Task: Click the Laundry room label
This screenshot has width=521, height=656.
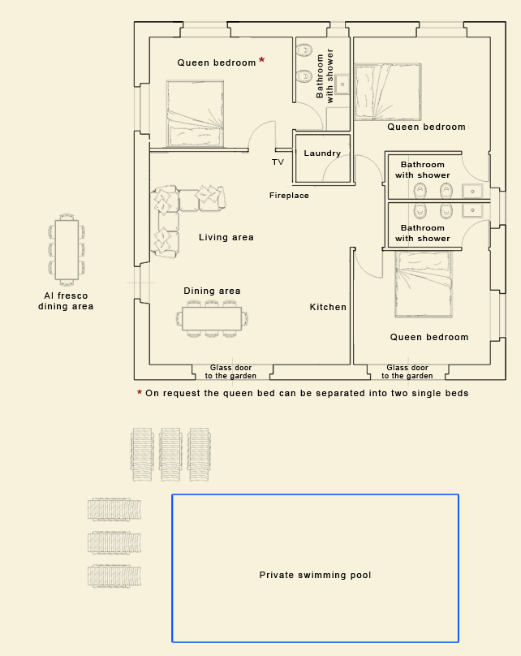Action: point(322,153)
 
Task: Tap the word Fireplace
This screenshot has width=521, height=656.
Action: point(289,196)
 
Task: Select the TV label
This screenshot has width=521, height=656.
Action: point(278,162)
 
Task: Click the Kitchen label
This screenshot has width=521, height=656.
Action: point(328,307)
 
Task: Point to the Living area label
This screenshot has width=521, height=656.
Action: point(226,237)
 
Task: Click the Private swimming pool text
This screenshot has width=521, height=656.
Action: point(315,575)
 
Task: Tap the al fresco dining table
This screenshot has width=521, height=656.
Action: point(67,250)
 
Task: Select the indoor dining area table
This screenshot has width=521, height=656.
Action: point(212,319)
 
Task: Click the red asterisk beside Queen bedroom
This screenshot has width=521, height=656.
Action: point(262,60)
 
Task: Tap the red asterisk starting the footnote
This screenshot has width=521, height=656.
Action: point(140,392)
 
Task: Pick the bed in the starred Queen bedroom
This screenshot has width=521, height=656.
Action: point(195,114)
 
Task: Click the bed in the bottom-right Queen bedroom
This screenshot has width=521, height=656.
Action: point(424,284)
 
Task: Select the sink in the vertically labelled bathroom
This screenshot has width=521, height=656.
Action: point(342,84)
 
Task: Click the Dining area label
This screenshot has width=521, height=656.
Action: point(212,291)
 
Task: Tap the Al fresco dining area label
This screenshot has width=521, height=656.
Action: point(66,301)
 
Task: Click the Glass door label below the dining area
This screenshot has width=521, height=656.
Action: point(230,372)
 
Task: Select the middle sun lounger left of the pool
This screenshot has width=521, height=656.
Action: point(114,542)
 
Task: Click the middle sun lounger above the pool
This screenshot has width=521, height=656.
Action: point(170,455)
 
